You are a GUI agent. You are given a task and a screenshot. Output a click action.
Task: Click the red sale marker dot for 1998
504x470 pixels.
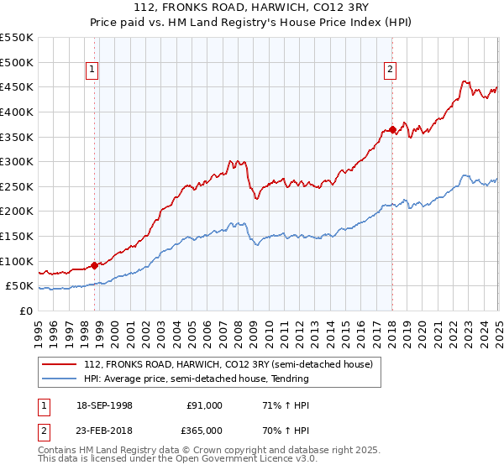coord(94,265)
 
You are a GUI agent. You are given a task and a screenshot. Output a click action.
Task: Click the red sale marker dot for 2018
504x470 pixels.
coord(392,129)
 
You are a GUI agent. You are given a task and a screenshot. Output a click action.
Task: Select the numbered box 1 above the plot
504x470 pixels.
coord(92,70)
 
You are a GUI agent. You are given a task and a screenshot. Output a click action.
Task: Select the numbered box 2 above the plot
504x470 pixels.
coord(391,70)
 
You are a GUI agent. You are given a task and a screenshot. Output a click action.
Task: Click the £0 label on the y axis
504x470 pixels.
coord(25,311)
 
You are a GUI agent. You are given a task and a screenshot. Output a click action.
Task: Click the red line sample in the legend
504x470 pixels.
coord(60,364)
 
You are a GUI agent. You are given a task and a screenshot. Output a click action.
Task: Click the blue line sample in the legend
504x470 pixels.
coord(60,379)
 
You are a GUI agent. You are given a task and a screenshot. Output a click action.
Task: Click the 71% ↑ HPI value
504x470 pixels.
coord(274,405)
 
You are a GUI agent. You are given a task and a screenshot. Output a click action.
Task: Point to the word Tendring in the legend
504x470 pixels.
coord(290,379)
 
